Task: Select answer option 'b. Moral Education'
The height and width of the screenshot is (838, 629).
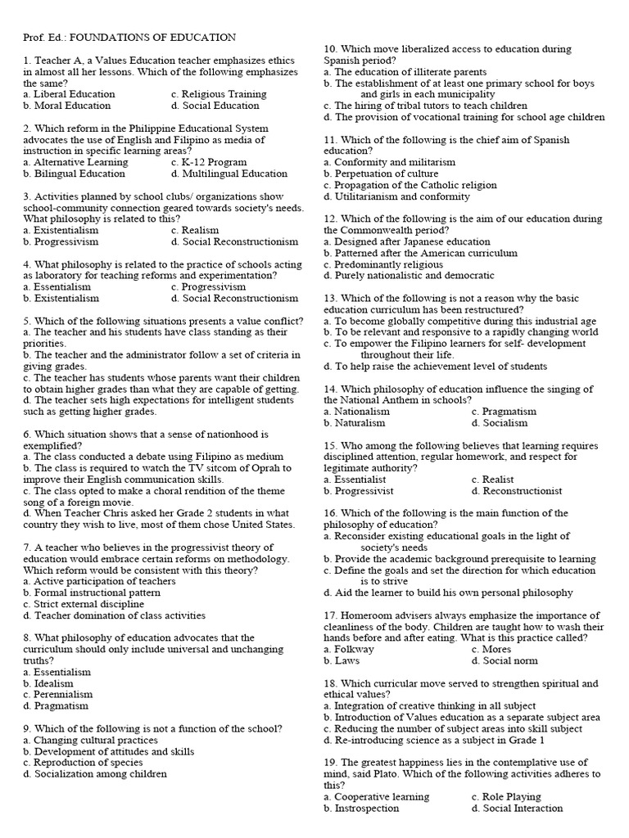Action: pos(67,106)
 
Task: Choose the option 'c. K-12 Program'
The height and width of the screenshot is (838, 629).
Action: pos(209,162)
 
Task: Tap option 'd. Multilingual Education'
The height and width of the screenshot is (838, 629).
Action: pos(229,173)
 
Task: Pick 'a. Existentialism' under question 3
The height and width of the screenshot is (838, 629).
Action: pos(62,231)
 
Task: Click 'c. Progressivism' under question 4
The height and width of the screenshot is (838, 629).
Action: pos(208,287)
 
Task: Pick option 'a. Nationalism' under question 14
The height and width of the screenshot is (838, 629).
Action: pos(356,412)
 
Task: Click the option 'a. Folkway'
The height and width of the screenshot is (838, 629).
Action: pos(349,649)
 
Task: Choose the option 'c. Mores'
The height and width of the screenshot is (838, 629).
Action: pos(491,649)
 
